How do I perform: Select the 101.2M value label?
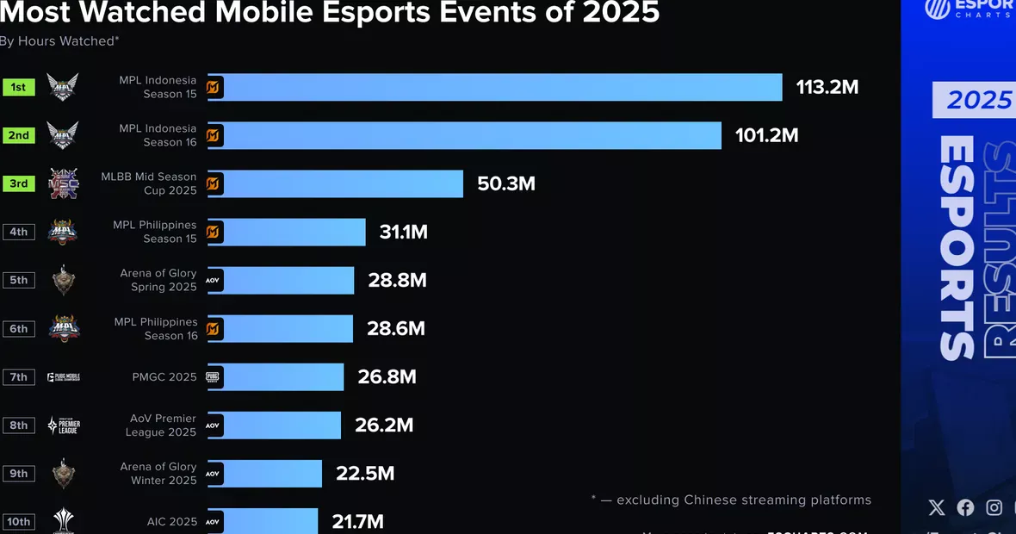tap(766, 135)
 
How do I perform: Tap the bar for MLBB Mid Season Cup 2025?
tap(344, 183)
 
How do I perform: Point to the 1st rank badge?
tap(18, 87)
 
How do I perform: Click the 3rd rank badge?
tap(18, 183)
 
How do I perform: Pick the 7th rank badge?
tap(18, 376)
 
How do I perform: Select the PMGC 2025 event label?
tap(165, 376)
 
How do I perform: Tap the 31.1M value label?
tap(403, 232)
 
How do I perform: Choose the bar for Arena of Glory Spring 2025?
tap(289, 280)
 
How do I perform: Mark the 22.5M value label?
tap(365, 473)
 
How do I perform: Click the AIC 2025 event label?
tap(171, 521)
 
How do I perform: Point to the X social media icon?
tap(938, 507)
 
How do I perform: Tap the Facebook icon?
tap(965, 507)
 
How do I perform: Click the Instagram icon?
tap(994, 507)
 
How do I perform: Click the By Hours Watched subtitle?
tap(59, 40)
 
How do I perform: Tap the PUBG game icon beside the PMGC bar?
tap(214, 376)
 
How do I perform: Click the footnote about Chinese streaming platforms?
tap(731, 500)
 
